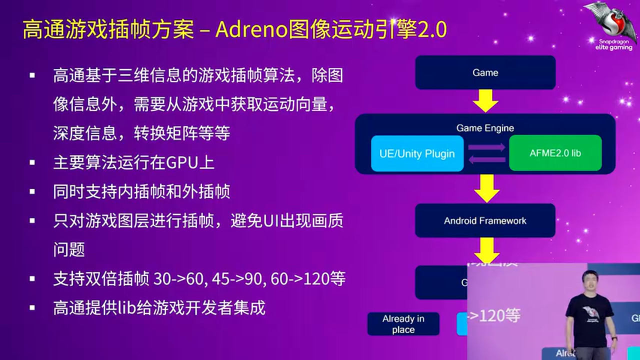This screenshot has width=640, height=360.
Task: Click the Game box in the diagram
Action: click(485, 72)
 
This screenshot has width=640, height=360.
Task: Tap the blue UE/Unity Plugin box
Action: click(417, 153)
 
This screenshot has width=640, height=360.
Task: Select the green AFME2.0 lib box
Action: click(555, 153)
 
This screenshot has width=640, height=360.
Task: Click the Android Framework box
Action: click(485, 220)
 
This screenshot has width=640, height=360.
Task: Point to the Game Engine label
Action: click(485, 128)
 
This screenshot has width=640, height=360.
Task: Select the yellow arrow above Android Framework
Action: click(486, 188)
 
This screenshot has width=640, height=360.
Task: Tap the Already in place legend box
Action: click(403, 324)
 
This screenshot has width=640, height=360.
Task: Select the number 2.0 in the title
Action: click(432, 30)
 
